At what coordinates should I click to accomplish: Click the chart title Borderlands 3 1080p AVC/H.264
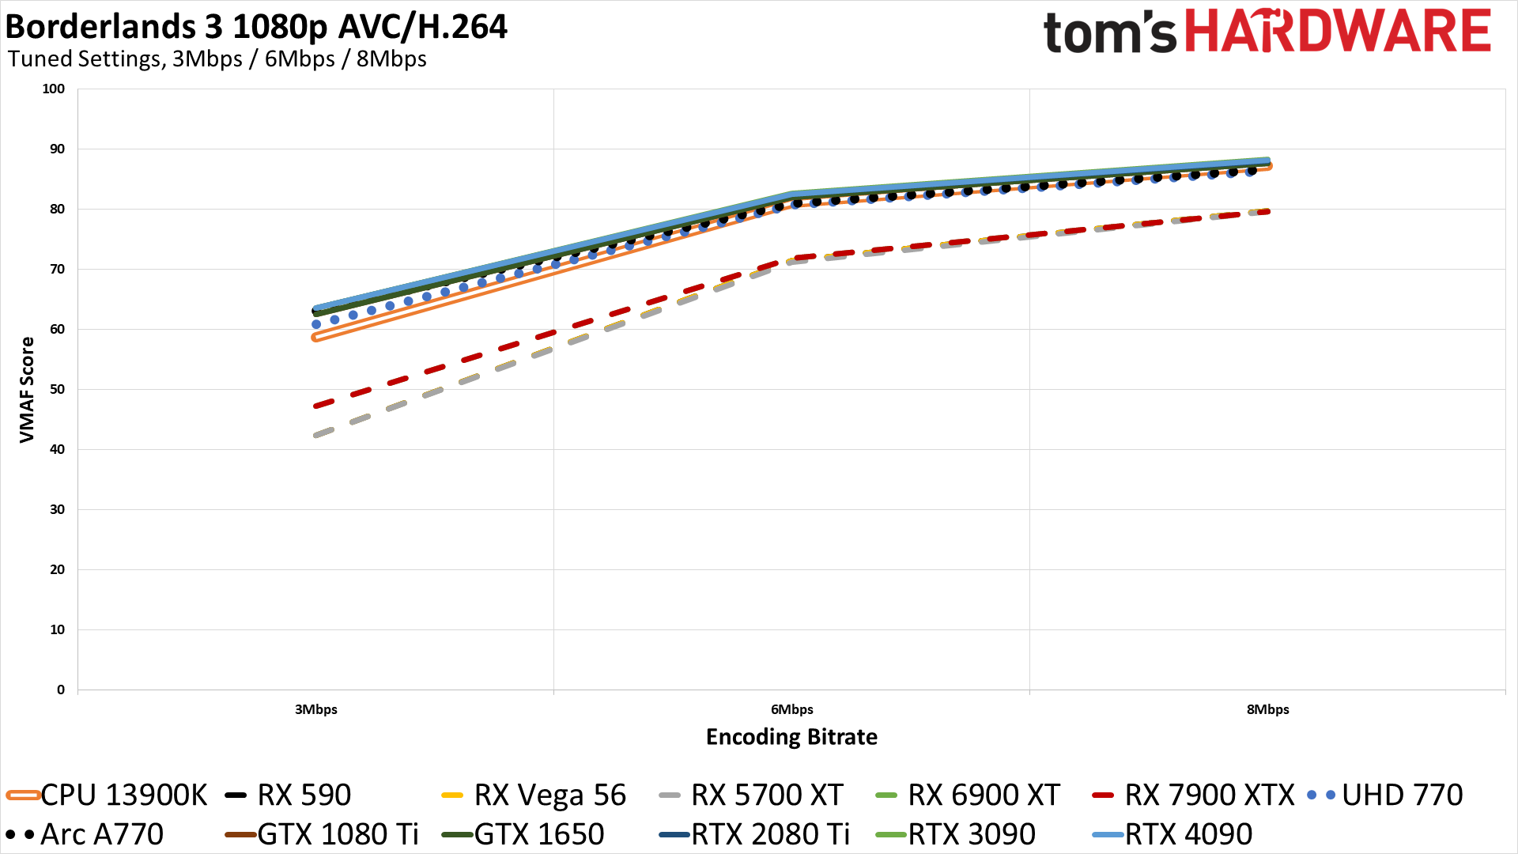click(x=256, y=27)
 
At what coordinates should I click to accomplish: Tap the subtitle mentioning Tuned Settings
click(x=217, y=59)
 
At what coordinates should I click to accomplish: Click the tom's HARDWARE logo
click(x=1267, y=32)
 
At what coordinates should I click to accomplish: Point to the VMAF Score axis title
click(x=27, y=389)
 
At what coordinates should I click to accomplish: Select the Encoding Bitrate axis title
click(x=791, y=737)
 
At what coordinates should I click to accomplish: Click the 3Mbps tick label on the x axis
click(x=316, y=709)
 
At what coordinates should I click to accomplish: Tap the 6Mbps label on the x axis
click(x=792, y=709)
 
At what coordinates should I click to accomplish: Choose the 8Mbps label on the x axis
click(x=1267, y=709)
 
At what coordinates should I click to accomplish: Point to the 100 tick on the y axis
click(x=54, y=89)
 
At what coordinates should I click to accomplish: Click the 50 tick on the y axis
click(x=57, y=389)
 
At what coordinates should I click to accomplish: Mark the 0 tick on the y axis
click(x=61, y=690)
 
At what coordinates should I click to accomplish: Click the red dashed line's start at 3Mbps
click(x=317, y=406)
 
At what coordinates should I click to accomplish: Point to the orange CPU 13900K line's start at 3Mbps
click(x=316, y=338)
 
